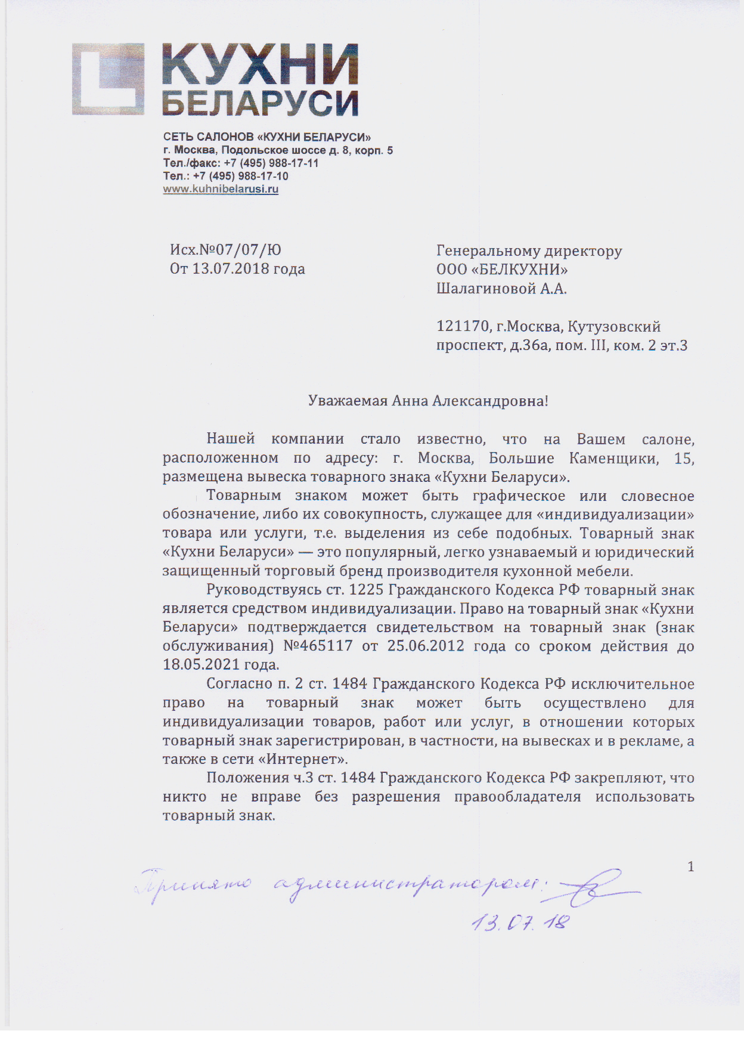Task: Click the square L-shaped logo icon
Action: click(x=108, y=79)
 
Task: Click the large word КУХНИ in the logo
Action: click(x=260, y=64)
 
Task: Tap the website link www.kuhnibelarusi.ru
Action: click(x=221, y=189)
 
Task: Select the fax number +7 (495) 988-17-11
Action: click(x=271, y=163)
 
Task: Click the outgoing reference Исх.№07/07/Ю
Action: click(x=225, y=250)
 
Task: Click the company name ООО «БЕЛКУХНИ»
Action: click(x=502, y=270)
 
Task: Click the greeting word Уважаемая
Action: click(x=348, y=401)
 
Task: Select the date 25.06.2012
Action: click(x=426, y=646)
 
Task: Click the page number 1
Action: click(x=691, y=866)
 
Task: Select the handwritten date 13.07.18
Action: click(x=520, y=923)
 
